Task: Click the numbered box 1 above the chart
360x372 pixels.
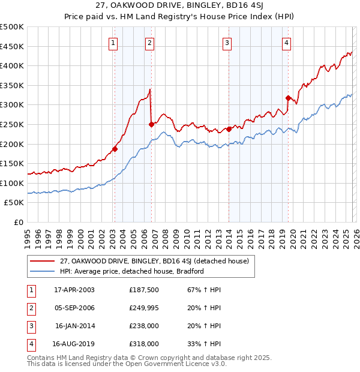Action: (113, 42)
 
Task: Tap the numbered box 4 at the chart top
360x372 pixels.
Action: (287, 42)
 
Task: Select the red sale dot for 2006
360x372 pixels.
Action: (151, 124)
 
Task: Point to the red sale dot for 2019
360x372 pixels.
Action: (288, 98)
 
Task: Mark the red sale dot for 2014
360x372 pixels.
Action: (229, 129)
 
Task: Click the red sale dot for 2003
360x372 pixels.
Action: (115, 149)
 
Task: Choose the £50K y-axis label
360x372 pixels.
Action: (14, 203)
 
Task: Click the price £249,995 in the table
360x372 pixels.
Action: (144, 308)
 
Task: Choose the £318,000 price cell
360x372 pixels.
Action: (144, 344)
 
